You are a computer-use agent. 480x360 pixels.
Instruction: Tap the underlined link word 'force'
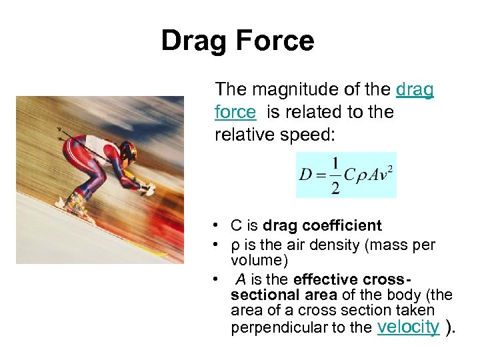point(235,113)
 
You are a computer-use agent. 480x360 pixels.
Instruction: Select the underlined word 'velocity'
point(408,327)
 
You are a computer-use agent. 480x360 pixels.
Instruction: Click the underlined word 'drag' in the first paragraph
point(415,89)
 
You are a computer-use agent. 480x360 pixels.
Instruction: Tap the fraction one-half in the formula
point(335,175)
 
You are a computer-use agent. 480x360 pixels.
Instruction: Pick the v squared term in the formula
point(385,175)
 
